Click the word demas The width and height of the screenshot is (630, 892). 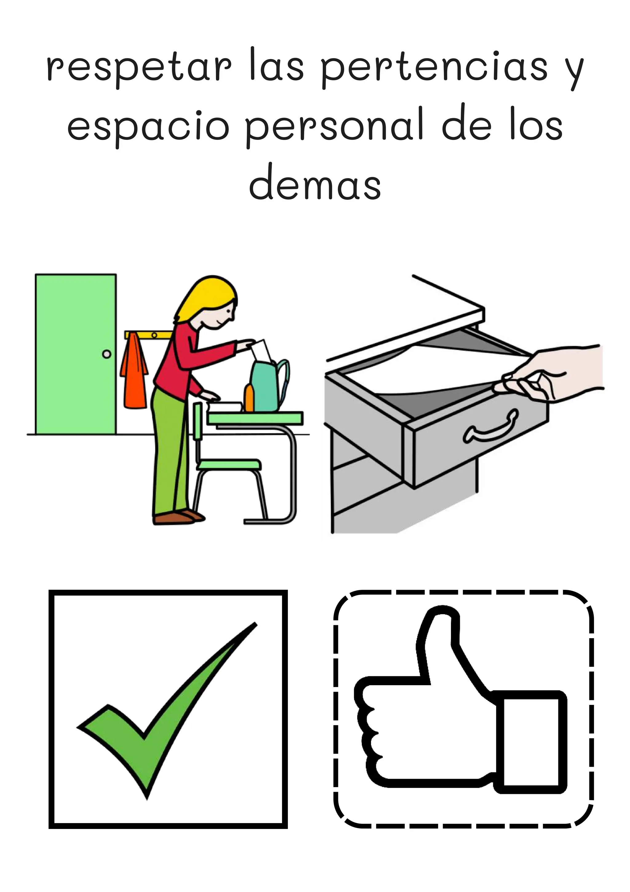pos(315,186)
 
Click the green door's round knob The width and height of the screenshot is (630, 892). pos(106,354)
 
